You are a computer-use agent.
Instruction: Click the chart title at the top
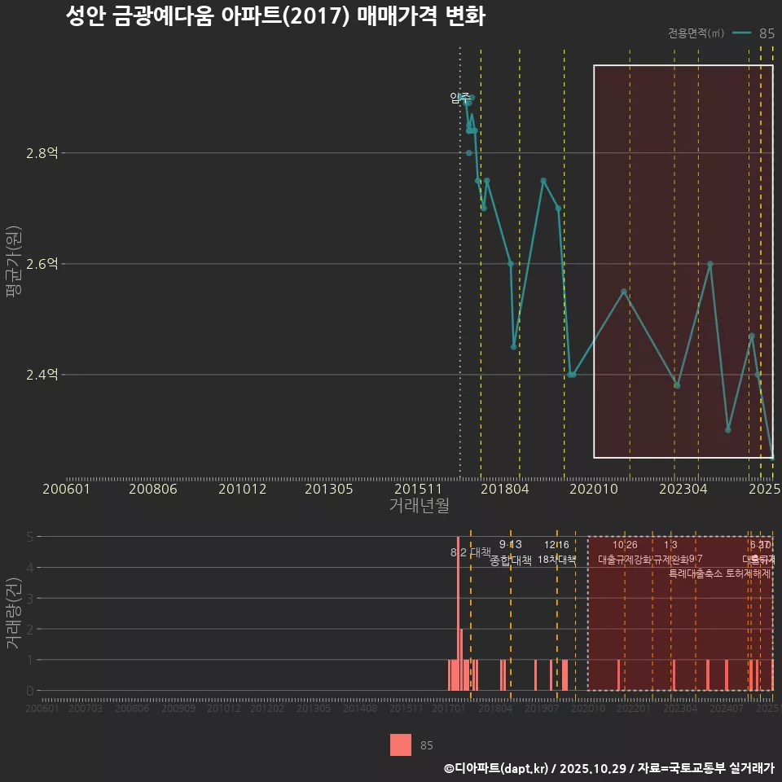pos(275,17)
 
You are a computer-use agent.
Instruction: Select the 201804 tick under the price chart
pos(505,489)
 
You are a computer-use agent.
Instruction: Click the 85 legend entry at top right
pos(766,33)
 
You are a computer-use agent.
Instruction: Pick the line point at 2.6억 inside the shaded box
pos(710,264)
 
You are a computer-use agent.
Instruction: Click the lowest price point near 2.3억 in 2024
pos(728,429)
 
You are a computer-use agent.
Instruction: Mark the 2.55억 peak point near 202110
pos(624,292)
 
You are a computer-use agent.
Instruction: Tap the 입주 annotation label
pos(459,99)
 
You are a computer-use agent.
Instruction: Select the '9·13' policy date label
pos(511,544)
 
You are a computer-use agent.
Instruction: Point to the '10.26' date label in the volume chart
pos(625,544)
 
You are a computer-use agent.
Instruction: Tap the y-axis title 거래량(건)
pos(14,613)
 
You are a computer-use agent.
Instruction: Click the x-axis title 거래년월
pos(419,505)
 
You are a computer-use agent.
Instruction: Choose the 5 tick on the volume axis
pos(29,537)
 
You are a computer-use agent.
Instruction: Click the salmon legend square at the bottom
pos(401,745)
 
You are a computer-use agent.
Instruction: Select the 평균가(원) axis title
pos(14,264)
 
